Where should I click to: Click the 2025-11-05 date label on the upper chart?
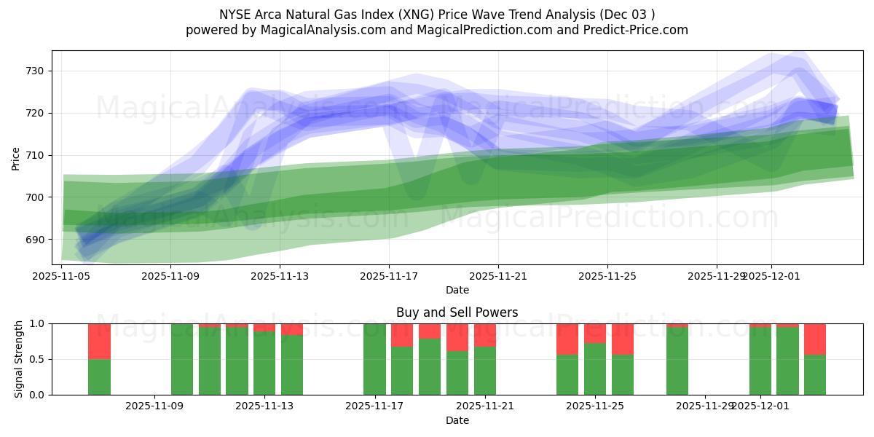(x=62, y=276)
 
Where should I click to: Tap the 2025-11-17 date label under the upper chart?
(x=389, y=276)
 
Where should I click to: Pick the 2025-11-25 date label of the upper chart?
(x=607, y=276)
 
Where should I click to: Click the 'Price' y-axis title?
(x=16, y=158)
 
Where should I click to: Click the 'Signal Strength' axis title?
(x=19, y=359)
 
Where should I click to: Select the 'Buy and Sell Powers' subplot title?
(x=457, y=312)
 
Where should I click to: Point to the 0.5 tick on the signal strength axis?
(x=37, y=359)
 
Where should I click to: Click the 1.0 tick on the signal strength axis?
(x=37, y=323)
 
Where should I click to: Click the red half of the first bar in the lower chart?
(x=99, y=341)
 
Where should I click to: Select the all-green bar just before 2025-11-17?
(x=374, y=359)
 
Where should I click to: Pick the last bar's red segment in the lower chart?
(x=815, y=339)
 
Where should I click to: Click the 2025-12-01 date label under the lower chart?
(x=760, y=406)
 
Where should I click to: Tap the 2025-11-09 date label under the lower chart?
(x=155, y=406)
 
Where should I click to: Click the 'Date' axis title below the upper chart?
(x=457, y=290)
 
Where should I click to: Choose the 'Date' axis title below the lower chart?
(x=457, y=420)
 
